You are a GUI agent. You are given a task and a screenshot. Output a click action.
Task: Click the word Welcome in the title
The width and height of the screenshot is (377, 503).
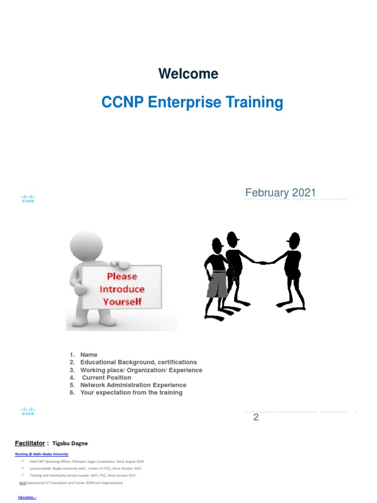pos(188,74)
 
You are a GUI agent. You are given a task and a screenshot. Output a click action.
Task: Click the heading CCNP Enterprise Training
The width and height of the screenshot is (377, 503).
pos(192,102)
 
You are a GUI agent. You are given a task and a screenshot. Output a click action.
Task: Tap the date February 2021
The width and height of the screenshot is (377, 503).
pos(280,192)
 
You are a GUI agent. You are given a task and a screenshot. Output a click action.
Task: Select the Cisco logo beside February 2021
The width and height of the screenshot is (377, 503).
pos(27,198)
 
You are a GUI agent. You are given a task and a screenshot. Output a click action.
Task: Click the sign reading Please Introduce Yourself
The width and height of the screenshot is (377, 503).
pos(122,289)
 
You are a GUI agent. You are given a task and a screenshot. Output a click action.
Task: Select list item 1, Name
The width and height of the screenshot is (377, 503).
pos(89,355)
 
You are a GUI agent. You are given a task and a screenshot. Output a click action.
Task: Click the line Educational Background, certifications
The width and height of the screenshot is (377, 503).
pos(138,362)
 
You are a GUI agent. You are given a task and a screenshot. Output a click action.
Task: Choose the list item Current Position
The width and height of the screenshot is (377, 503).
pos(107,377)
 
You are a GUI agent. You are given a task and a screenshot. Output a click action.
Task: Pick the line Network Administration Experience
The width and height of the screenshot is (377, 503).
pos(133,385)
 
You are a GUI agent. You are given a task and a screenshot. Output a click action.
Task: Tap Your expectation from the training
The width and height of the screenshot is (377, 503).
pos(131,392)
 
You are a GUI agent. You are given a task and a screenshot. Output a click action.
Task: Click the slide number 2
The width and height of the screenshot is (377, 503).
pos(256,418)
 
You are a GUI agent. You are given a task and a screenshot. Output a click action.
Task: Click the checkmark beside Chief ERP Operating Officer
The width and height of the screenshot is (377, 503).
pos(23,461)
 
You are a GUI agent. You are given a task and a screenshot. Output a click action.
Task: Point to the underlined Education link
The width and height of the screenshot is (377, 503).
pos(27,497)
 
